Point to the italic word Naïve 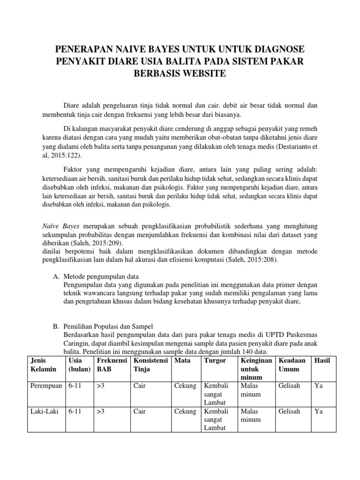(x=51, y=226)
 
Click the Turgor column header (x=215, y=360)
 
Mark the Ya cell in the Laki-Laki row (x=319, y=412)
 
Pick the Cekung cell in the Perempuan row (x=185, y=386)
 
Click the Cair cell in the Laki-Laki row (x=140, y=412)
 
